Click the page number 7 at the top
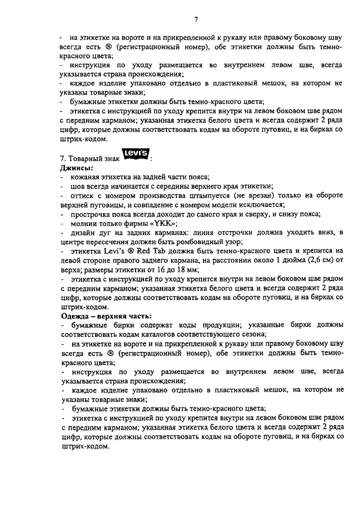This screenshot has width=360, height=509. coord(196,20)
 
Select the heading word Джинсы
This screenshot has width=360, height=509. coord(77,168)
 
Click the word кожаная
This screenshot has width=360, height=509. coord(88,177)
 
